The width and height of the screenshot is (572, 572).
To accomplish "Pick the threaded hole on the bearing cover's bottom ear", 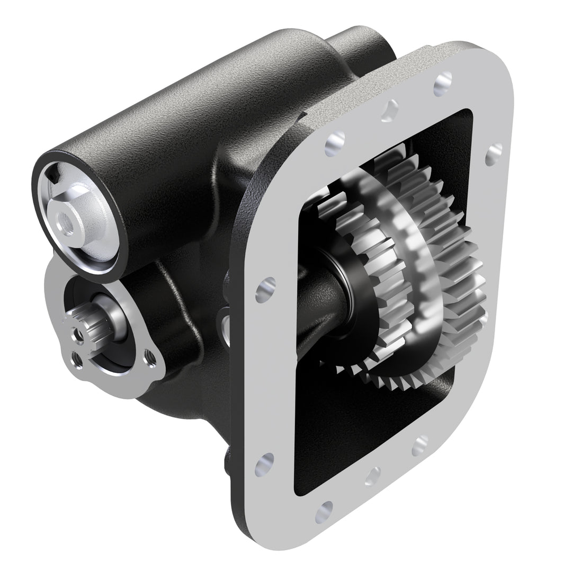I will tap(78, 361).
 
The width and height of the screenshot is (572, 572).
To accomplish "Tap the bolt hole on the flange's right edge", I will tap(493, 153).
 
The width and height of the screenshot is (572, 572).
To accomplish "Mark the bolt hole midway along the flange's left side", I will tap(264, 290).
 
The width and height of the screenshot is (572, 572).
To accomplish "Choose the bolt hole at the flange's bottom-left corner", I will tap(264, 461).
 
